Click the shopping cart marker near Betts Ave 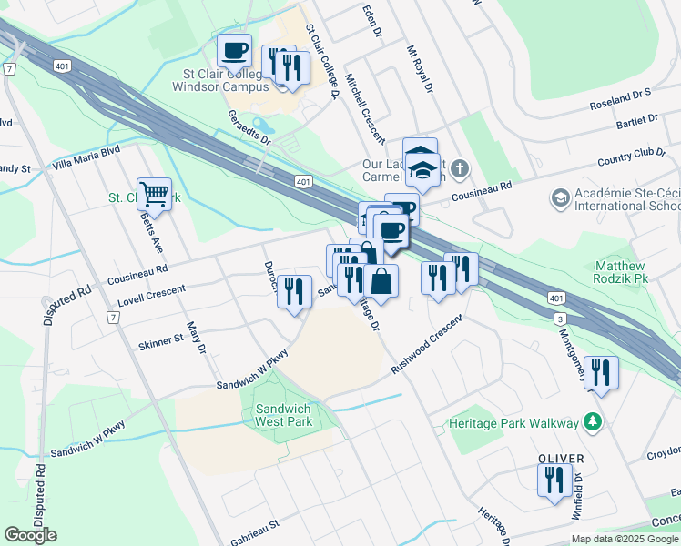[x=155, y=194]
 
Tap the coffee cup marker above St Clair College [x=234, y=50]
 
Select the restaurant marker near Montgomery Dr [x=601, y=372]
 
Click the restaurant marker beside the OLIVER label [x=554, y=480]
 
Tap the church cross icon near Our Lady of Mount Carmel [x=461, y=167]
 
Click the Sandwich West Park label [x=283, y=415]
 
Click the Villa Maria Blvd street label [x=86, y=154]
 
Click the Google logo [x=30, y=534]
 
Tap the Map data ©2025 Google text [x=624, y=539]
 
